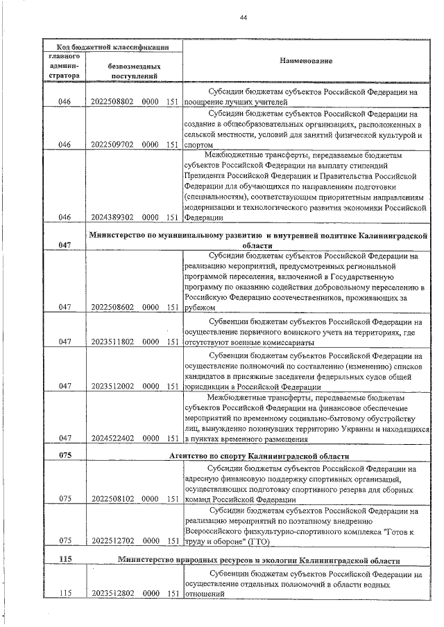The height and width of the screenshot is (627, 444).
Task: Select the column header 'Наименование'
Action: coord(305,61)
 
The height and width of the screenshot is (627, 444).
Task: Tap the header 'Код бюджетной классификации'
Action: coord(112,46)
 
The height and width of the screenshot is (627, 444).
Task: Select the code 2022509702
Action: coord(112,145)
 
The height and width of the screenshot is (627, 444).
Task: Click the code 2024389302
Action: coord(112,217)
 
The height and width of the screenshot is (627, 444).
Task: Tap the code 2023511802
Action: coord(112,342)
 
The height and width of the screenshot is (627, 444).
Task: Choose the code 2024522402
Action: coord(112,438)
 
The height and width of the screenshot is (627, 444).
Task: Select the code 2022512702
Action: coord(112,541)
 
